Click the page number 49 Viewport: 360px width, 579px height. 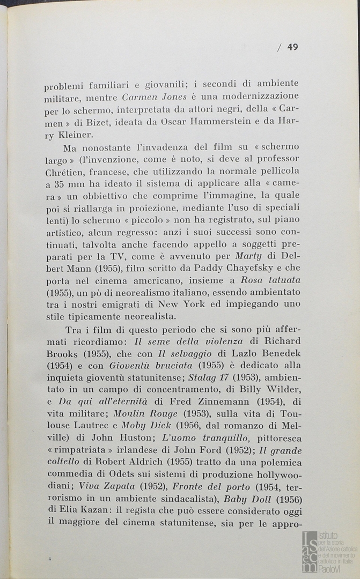coord(292,47)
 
